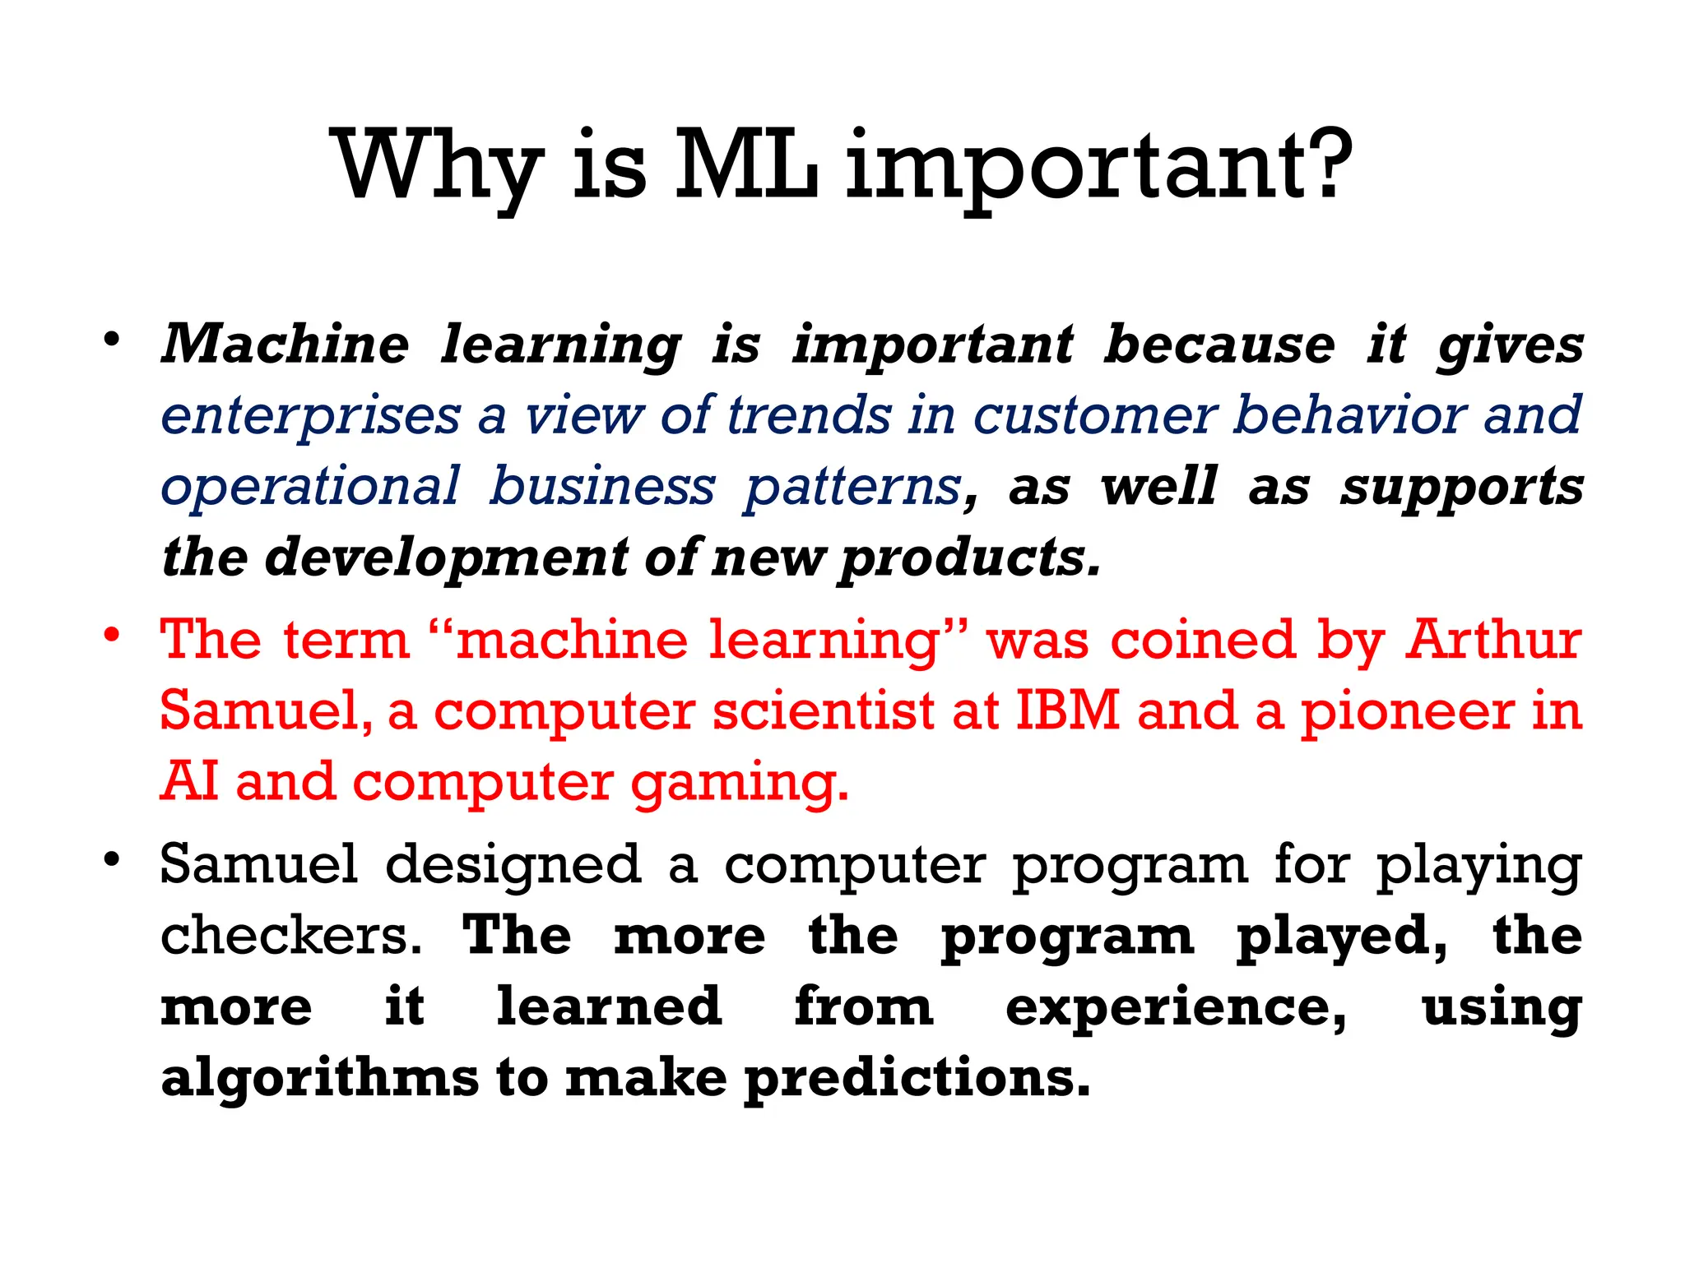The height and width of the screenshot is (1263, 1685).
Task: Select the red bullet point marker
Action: pyautogui.click(x=113, y=636)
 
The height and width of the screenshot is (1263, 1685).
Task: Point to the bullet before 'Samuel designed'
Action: pyautogui.click(x=113, y=860)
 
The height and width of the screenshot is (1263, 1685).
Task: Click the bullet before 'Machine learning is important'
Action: pyautogui.click(x=113, y=340)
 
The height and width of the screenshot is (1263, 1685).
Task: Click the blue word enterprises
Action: pyautogui.click(x=310, y=416)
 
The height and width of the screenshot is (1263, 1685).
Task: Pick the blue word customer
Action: pyautogui.click(x=1094, y=414)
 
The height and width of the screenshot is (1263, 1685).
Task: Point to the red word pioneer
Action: pyautogui.click(x=1406, y=711)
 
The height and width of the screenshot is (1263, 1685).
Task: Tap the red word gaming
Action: pyautogui.click(x=738, y=783)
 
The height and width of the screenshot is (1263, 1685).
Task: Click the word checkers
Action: pyautogui.click(x=290, y=936)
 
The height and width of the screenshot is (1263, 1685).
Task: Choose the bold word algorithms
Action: pyautogui.click(x=319, y=1078)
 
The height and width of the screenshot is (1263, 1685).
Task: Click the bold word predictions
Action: pyautogui.click(x=917, y=1078)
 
